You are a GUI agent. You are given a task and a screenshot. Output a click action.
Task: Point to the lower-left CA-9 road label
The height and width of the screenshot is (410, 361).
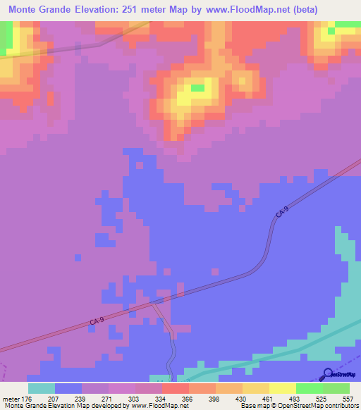tap(97, 321)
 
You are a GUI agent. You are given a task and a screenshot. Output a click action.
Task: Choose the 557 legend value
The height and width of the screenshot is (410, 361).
tap(348, 399)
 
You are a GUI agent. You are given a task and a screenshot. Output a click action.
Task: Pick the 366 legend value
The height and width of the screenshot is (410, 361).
tap(188, 399)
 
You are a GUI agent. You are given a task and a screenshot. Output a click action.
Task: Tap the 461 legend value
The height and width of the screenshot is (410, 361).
tap(268, 399)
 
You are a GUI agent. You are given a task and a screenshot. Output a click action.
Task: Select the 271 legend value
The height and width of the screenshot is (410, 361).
tap(108, 399)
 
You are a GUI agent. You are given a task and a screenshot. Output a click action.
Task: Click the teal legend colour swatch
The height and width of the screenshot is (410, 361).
tap(41, 388)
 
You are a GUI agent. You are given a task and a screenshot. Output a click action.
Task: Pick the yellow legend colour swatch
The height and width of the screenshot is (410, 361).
tap(282, 388)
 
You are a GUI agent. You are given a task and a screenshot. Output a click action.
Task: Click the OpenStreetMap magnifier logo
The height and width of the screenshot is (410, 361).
tap(327, 373)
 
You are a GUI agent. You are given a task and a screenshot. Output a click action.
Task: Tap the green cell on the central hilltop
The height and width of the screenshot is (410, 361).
tap(198, 88)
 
